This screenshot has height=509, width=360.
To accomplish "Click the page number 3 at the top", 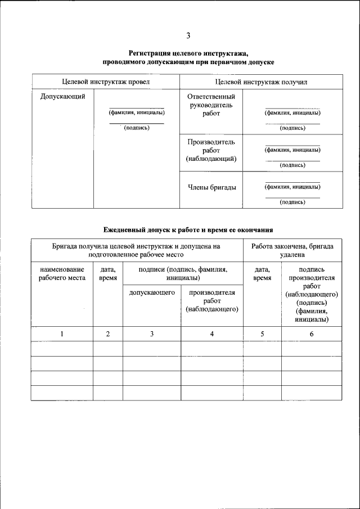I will pyautogui.click(x=188, y=37).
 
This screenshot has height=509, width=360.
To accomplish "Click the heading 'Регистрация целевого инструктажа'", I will pyautogui.click(x=188, y=53).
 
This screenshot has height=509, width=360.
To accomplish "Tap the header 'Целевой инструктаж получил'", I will pyautogui.click(x=260, y=82).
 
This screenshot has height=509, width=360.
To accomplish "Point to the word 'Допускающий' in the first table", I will pyautogui.click(x=63, y=97).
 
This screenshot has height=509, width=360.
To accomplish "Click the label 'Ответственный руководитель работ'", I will pyautogui.click(x=211, y=105).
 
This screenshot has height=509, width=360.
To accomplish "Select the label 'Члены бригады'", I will pyautogui.click(x=211, y=187).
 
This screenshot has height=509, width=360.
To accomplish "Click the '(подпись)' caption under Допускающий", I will pyautogui.click(x=137, y=128).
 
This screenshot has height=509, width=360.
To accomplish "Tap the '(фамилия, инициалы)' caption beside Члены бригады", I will pyautogui.click(x=292, y=187).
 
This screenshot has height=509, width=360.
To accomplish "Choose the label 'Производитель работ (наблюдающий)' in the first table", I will pyautogui.click(x=211, y=150).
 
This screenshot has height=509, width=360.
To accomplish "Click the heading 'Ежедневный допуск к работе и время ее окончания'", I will pyautogui.click(x=188, y=229).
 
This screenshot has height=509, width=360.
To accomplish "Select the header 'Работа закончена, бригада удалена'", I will pyautogui.click(x=292, y=250).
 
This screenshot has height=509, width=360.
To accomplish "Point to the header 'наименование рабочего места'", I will pyautogui.click(x=62, y=273).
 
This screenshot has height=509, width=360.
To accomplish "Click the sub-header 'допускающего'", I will pyautogui.click(x=152, y=292).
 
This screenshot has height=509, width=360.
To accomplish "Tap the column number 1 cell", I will pyautogui.click(x=62, y=334).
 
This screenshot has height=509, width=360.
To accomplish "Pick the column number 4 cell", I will pyautogui.click(x=211, y=334).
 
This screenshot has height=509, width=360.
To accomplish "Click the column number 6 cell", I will pyautogui.click(x=311, y=334).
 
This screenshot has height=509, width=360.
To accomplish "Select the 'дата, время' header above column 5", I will pyautogui.click(x=262, y=273).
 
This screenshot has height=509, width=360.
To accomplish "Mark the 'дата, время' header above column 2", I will pyautogui.click(x=108, y=273).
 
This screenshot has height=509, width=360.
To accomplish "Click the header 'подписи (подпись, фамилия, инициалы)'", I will pyautogui.click(x=182, y=273).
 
